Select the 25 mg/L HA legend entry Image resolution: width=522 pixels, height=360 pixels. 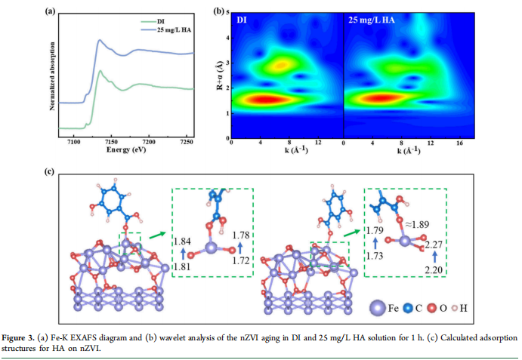point(173,29)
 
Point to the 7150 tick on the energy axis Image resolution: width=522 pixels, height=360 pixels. point(111,143)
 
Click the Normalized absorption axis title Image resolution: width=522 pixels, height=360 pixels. point(52,76)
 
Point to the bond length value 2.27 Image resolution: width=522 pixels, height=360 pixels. point(433,245)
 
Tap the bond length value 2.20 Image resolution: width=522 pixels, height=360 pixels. point(431,269)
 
